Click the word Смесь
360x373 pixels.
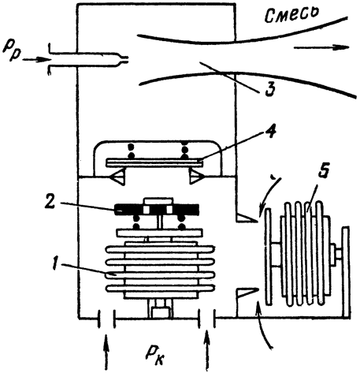pos(291,14)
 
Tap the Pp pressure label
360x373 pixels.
pos(10,50)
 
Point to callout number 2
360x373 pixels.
pos(50,201)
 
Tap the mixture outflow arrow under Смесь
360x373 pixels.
pos(321,47)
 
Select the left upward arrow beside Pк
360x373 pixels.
pos(106,352)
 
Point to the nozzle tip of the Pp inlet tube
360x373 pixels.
pos(124,60)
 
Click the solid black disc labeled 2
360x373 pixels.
pos(157,210)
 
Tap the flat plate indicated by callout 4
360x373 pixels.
pos(154,162)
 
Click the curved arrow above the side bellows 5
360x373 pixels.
pos(269,196)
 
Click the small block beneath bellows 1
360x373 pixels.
pos(160,311)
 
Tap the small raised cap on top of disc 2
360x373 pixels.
pos(158,201)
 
